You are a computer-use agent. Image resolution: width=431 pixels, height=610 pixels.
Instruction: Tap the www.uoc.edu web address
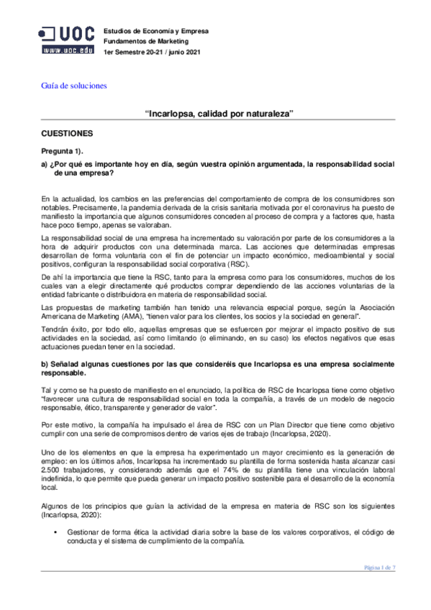[x=67, y=51]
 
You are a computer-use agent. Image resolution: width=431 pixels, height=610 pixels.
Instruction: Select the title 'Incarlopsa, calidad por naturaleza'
[x=219, y=114]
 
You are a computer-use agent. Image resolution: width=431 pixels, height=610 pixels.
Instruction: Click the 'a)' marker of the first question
[x=45, y=164]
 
